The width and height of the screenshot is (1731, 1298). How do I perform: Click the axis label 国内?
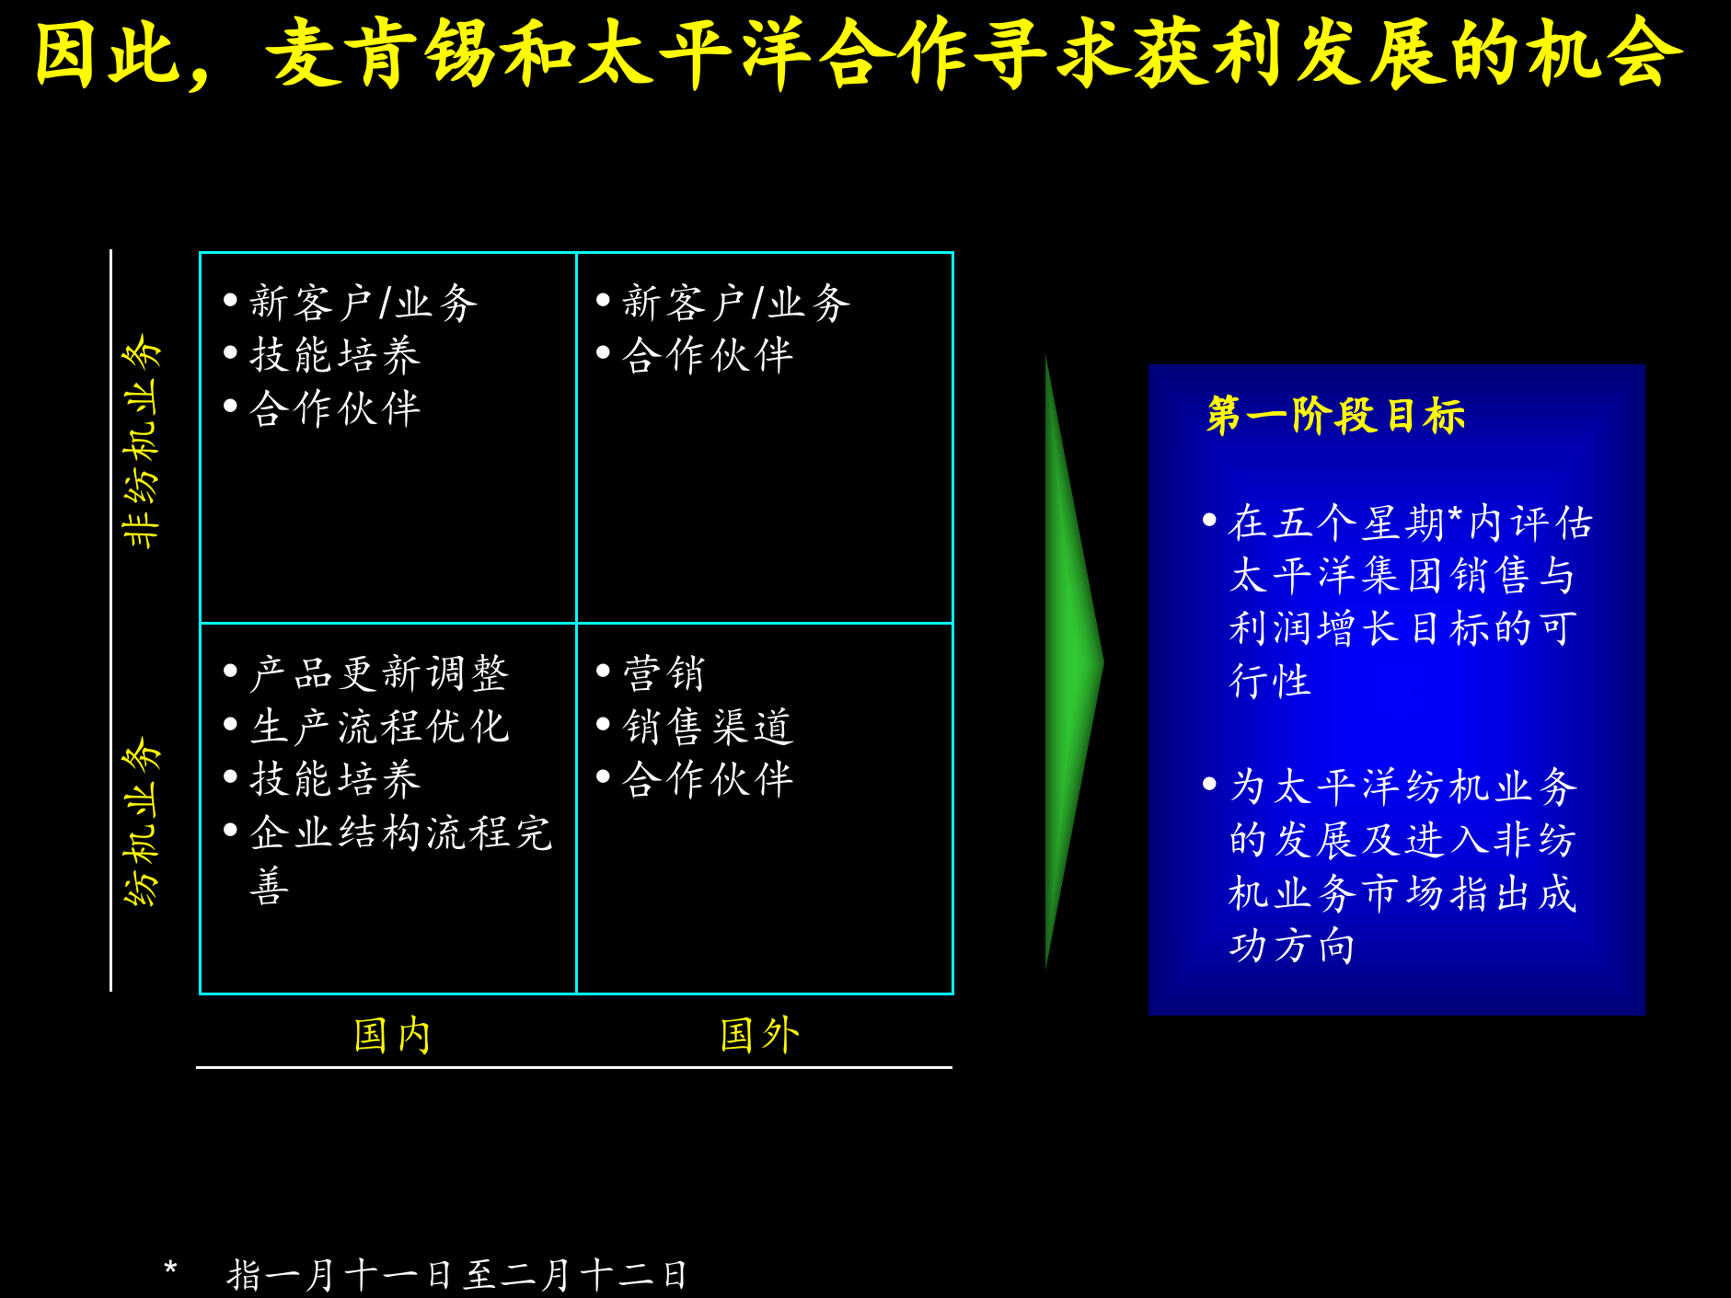pyautogui.click(x=392, y=1035)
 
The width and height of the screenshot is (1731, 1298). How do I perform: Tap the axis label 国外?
pyautogui.click(x=759, y=1035)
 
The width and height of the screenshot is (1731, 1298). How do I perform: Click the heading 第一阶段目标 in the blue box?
pyautogui.click(x=1335, y=416)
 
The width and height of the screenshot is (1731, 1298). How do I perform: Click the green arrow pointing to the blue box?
pyautogui.click(x=1072, y=662)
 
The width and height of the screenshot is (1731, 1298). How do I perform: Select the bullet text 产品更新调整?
pyautogui.click(x=378, y=674)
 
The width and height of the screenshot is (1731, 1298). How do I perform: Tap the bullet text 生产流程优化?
pyautogui.click(x=378, y=727)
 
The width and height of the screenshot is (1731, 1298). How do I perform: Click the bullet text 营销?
pyautogui.click(x=664, y=674)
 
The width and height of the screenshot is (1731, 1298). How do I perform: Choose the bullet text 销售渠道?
pyautogui.click(x=707, y=727)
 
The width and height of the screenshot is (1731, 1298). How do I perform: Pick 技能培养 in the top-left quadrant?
pyautogui.click(x=335, y=356)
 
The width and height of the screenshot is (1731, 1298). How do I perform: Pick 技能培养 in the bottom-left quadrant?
pyautogui.click(x=335, y=780)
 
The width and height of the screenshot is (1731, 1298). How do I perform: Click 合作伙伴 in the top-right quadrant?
pyautogui.click(x=707, y=356)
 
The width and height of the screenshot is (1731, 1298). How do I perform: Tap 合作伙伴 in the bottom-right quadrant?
pyautogui.click(x=707, y=780)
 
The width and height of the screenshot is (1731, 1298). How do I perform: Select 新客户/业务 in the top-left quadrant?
pyautogui.click(x=364, y=303)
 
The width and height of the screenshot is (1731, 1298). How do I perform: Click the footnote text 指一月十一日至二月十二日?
pyautogui.click(x=456, y=1275)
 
